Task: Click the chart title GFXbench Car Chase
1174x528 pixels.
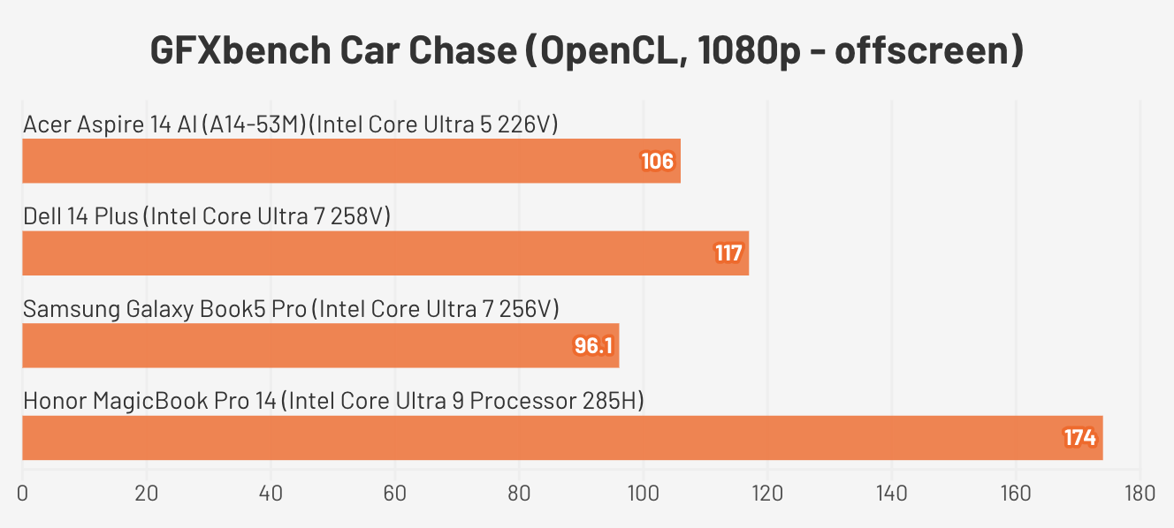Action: point(586,51)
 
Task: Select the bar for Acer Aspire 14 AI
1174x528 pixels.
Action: point(351,161)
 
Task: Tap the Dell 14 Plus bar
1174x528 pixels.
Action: point(385,253)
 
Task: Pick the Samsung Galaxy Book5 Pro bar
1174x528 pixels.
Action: point(320,345)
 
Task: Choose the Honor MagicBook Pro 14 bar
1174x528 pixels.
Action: point(562,438)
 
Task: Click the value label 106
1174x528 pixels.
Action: point(659,162)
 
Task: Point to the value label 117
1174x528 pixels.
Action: point(728,254)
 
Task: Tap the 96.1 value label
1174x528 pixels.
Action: point(593,346)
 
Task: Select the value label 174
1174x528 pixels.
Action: point(1079,438)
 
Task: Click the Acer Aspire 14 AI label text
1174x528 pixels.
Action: point(291,124)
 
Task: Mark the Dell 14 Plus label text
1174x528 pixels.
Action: point(207,216)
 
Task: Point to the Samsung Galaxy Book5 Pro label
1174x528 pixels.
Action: point(291,309)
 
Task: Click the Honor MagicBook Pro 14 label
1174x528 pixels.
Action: point(333,402)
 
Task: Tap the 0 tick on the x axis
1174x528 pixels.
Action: point(22,493)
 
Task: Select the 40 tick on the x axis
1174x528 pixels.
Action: point(271,493)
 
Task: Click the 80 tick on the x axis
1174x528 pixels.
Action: point(519,493)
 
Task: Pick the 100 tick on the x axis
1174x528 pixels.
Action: point(643,493)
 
